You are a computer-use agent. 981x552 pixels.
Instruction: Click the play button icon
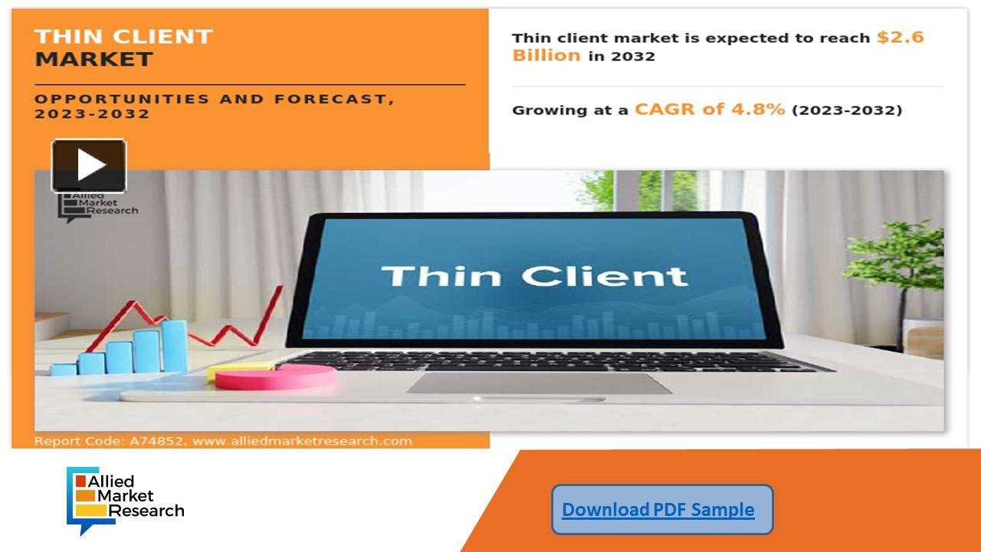[x=89, y=165]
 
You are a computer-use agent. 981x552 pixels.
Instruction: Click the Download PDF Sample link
[x=658, y=510]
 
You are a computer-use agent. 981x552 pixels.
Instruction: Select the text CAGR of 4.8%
[x=709, y=109]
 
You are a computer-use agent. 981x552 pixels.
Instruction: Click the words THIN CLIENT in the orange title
[x=123, y=36]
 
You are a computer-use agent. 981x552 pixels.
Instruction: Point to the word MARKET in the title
[x=94, y=59]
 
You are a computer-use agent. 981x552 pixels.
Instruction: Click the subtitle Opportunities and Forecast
[x=215, y=99]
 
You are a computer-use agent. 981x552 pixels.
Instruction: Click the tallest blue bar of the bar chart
[x=174, y=345]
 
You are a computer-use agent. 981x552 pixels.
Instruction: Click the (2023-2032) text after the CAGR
[x=846, y=110]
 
